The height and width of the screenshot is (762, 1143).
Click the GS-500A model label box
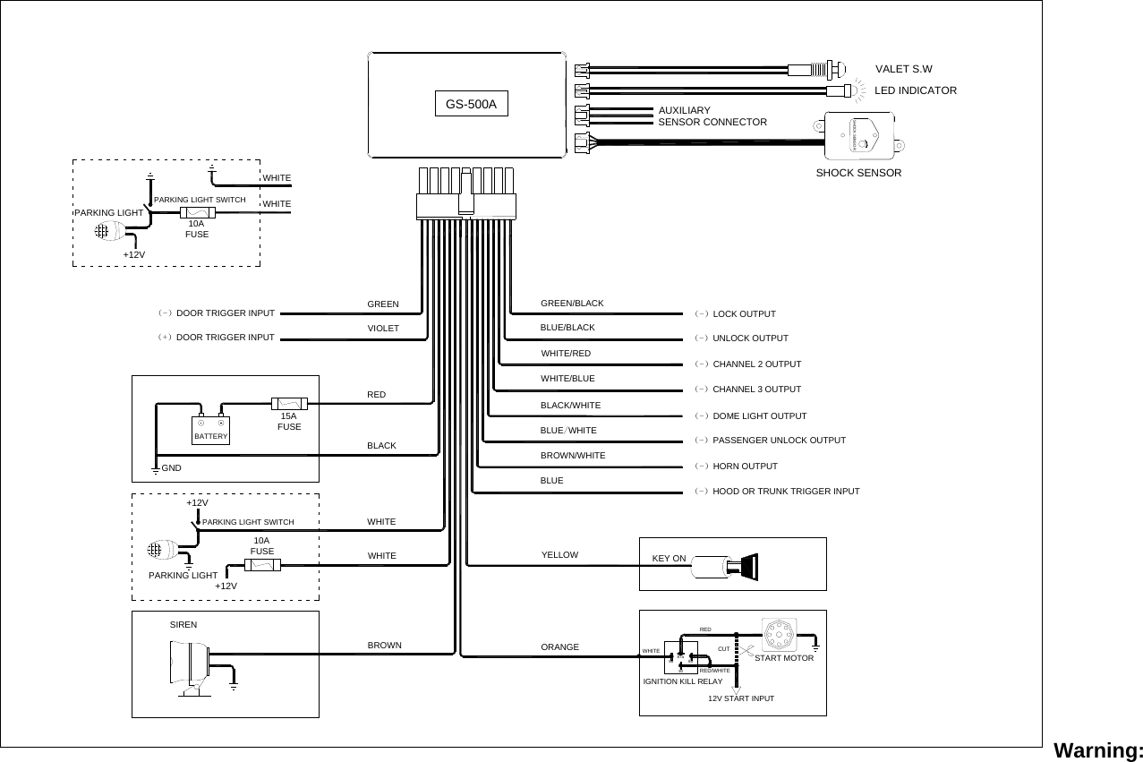pos(472,104)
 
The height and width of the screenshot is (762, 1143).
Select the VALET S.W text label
pos(903,68)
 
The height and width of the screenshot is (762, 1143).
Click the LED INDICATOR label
pos(915,90)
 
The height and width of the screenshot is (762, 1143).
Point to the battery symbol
pos(211,431)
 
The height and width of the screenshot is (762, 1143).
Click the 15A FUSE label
pos(288,422)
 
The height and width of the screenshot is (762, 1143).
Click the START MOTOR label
pos(784,658)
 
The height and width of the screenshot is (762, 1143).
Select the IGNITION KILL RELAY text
pos(683,681)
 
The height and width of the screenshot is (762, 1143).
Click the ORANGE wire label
pos(560,646)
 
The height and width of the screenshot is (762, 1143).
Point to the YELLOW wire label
pos(560,555)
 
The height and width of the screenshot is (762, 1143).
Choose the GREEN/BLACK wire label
pos(572,304)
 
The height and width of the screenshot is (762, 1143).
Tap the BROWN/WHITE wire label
pos(573,456)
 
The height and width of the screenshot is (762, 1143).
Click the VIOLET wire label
pos(382,329)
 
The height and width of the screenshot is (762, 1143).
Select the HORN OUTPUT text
pos(745,467)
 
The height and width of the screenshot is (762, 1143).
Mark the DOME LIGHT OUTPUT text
pos(759,416)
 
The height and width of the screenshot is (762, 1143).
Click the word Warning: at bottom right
pos(1098,749)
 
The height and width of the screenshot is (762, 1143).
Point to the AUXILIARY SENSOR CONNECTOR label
pos(712,116)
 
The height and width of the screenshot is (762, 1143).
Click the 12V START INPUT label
pos(740,698)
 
